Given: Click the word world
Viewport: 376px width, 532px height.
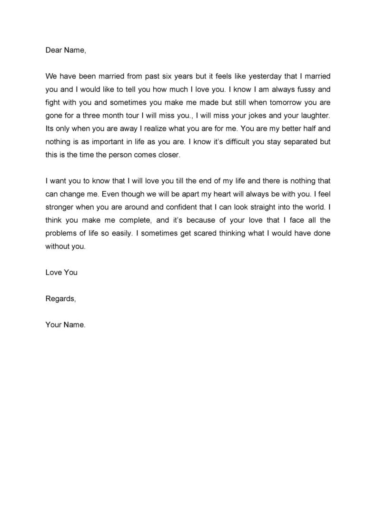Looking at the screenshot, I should (314, 207).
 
